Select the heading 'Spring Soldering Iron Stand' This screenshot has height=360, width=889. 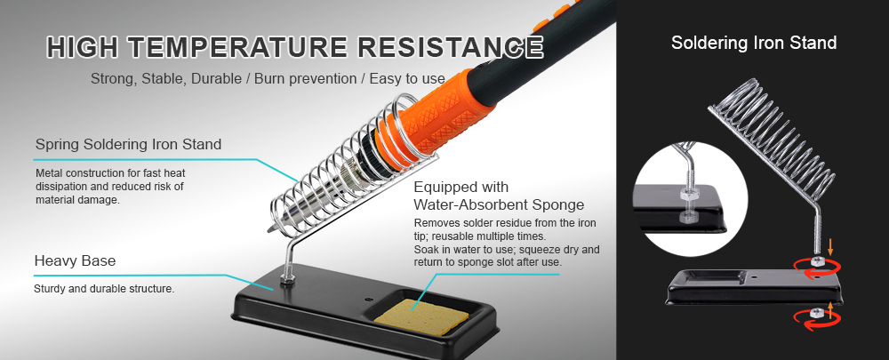tap(128, 144)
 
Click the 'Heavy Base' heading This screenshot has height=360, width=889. tap(75, 261)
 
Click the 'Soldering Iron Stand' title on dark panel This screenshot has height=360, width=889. tap(753, 42)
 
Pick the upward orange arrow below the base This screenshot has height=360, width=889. tap(830, 309)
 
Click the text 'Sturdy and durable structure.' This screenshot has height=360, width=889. tap(104, 289)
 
